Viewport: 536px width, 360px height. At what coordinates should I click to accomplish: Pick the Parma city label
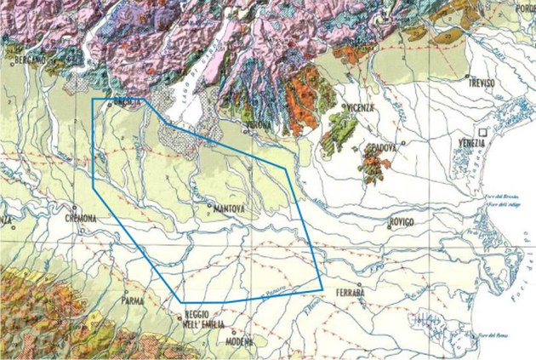pos(130,300)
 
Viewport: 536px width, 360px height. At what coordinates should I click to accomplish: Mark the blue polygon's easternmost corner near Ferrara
pos(322,283)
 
